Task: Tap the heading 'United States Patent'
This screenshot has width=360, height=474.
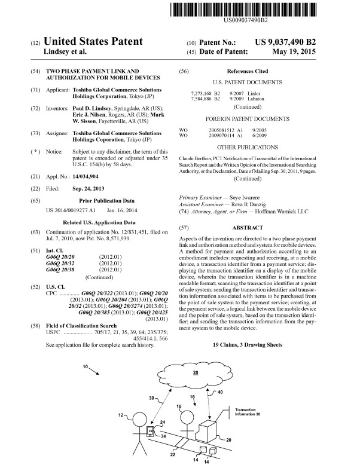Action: point(95,41)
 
